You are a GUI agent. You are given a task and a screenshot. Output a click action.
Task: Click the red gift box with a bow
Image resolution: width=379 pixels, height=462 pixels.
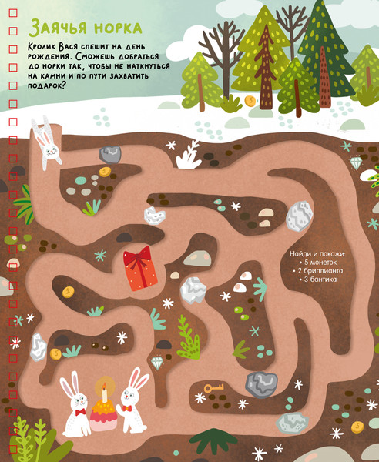[x=140, y=269]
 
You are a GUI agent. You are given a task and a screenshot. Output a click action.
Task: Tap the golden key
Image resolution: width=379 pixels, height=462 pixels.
[x=214, y=387]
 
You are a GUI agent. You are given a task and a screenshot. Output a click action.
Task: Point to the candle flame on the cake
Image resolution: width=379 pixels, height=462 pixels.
[x=104, y=387]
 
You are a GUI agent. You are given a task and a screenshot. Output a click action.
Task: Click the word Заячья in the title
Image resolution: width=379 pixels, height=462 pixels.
[x=59, y=28]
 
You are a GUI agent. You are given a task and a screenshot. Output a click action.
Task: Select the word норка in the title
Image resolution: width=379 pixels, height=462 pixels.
[x=118, y=28]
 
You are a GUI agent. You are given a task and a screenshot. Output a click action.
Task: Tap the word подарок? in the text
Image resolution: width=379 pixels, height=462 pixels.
[x=46, y=85]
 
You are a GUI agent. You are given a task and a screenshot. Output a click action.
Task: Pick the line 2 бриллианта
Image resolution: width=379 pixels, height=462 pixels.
[x=318, y=271]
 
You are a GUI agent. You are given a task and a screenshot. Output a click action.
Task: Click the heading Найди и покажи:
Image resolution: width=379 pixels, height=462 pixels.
[x=317, y=253]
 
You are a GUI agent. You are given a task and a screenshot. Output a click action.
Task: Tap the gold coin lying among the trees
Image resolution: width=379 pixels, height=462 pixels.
[x=250, y=101]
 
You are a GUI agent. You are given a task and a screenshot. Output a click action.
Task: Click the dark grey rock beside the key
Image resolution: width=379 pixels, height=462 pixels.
[x=261, y=384]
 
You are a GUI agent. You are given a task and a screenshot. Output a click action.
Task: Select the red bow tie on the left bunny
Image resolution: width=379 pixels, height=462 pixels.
[x=80, y=412]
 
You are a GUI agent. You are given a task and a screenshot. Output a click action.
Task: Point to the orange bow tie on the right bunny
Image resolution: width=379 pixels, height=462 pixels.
[x=127, y=408]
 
